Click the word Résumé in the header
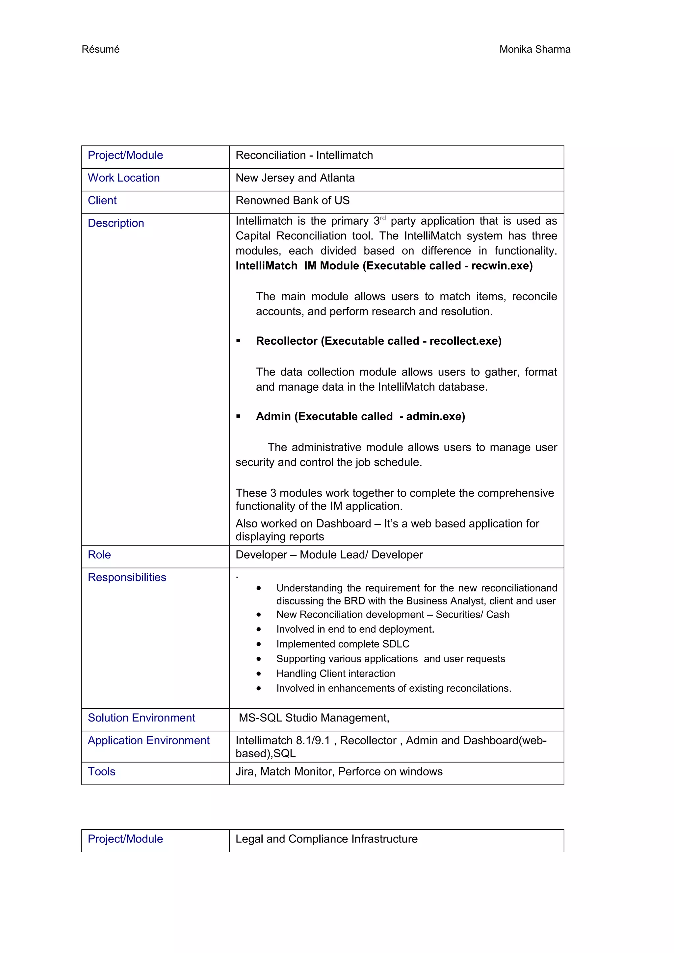click(100, 49)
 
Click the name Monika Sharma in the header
click(534, 49)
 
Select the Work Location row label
click(124, 178)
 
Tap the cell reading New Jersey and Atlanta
click(295, 178)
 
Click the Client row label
click(102, 201)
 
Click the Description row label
click(116, 223)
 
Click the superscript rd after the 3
click(382, 218)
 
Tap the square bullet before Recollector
click(238, 341)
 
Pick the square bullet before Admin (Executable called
click(238, 416)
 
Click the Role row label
click(99, 555)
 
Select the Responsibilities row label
click(127, 577)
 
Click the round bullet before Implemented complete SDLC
click(259, 644)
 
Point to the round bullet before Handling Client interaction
click(259, 674)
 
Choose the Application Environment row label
click(149, 741)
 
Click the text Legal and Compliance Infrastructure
click(326, 839)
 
